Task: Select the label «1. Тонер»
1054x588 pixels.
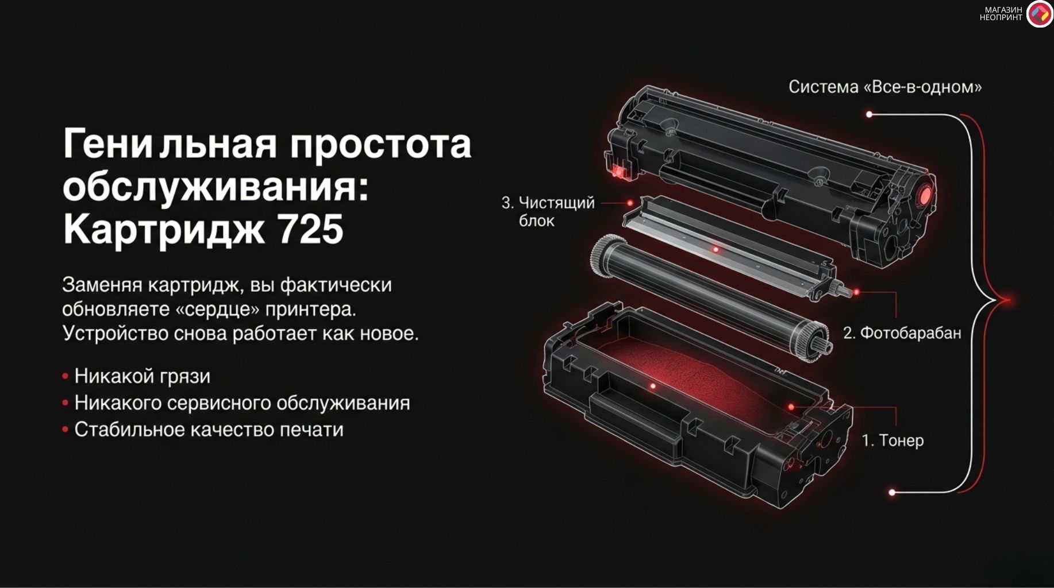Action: tap(893, 440)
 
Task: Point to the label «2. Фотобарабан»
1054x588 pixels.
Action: tap(902, 333)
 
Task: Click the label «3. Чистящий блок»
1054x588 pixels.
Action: tap(548, 211)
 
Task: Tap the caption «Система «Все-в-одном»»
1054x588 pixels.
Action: tap(884, 87)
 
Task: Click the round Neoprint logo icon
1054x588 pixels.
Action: tap(1039, 14)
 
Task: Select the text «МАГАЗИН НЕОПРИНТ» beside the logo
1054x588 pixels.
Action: tap(1001, 14)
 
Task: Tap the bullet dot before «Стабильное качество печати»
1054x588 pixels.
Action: tap(66, 430)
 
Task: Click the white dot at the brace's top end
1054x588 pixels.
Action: tap(869, 114)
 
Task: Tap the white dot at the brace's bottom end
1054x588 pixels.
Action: tap(892, 492)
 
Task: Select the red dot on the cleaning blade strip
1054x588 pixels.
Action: tap(716, 249)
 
